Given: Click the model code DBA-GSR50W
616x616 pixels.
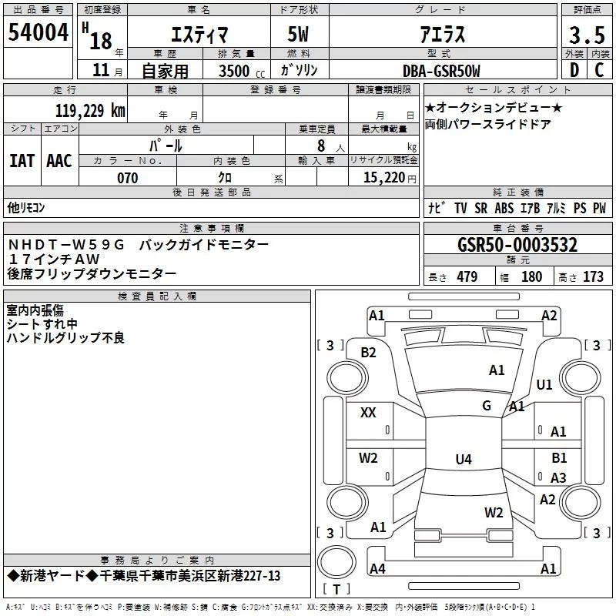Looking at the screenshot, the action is click(x=440, y=71).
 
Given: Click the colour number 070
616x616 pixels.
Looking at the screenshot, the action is click(x=127, y=178).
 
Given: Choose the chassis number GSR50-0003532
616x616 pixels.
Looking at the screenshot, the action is click(x=517, y=245).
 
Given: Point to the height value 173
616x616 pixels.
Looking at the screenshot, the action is click(x=593, y=276).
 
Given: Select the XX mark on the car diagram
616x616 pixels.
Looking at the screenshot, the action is click(x=368, y=413).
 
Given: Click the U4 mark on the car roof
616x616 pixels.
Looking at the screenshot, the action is click(x=463, y=460).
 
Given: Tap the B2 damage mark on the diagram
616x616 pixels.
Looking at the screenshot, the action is click(x=369, y=353).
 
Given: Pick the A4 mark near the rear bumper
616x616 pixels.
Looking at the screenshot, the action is click(x=377, y=569).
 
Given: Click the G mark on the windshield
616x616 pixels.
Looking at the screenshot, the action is click(x=487, y=406).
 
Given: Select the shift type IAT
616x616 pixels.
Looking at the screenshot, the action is click(x=22, y=161).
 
